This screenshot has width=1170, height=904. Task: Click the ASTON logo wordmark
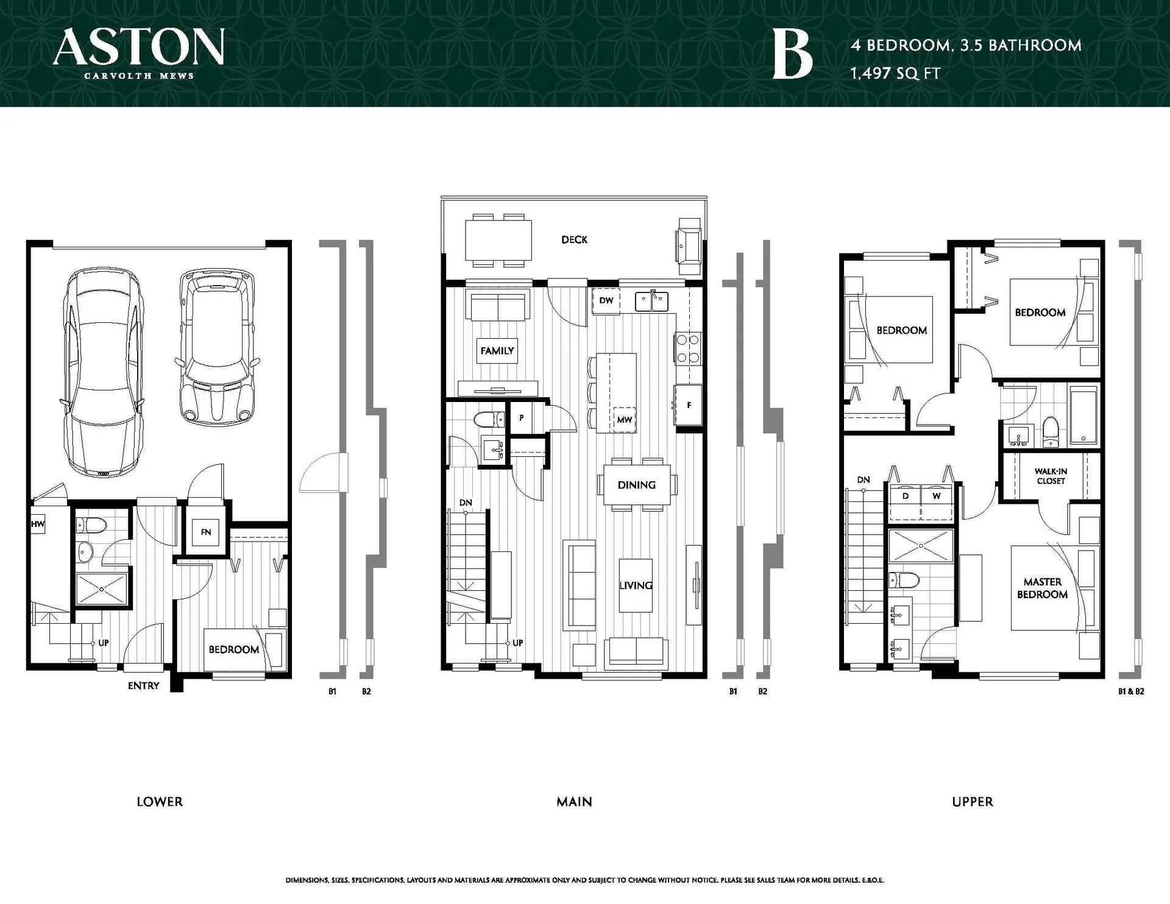139,48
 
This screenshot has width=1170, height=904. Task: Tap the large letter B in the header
792,55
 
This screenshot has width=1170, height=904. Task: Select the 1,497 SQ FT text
896,74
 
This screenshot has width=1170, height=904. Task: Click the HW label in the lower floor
38,524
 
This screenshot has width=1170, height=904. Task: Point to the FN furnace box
206,532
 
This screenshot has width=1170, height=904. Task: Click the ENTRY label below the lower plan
143,686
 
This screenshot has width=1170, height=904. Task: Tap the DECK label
574,240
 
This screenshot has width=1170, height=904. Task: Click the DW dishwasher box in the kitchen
606,301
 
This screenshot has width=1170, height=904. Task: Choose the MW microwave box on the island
625,419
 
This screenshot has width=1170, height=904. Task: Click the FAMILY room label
497,351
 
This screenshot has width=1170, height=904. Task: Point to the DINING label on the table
636,486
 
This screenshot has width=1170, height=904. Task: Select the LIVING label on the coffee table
636,585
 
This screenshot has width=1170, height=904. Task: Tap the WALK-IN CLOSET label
1051,476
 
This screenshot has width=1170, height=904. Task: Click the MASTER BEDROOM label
1042,588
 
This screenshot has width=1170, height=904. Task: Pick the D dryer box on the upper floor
906,496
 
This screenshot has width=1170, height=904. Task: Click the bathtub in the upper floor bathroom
1083,416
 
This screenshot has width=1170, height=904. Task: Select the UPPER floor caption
972,802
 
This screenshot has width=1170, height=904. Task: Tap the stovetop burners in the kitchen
687,349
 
